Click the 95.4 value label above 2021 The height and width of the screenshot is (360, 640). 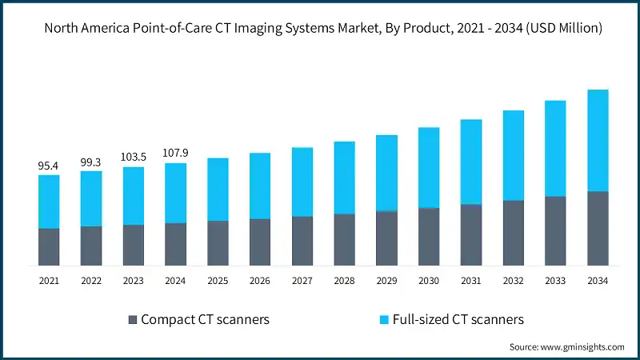pyautogui.click(x=49, y=166)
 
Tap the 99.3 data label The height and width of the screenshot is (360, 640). pyautogui.click(x=91, y=162)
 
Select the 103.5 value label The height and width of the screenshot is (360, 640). pyautogui.click(x=134, y=158)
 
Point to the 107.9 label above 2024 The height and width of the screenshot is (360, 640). pyautogui.click(x=175, y=154)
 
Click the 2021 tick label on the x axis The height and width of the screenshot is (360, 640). pyautogui.click(x=49, y=281)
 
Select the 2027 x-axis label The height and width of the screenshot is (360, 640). pyautogui.click(x=302, y=281)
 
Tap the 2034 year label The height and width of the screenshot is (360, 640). pyautogui.click(x=598, y=281)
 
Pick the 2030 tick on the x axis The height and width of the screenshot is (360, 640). pyautogui.click(x=429, y=281)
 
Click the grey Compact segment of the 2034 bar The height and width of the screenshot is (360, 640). pyautogui.click(x=598, y=229)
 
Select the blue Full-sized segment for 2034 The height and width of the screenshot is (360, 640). pyautogui.click(x=598, y=140)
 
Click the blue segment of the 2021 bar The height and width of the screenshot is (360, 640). pyautogui.click(x=49, y=202)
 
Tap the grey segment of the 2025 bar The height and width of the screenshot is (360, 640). pyautogui.click(x=218, y=243)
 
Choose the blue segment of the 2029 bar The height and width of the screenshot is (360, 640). pyautogui.click(x=386, y=173)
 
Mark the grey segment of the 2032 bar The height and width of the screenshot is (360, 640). pyautogui.click(x=513, y=233)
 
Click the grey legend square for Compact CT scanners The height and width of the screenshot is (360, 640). pyautogui.click(x=133, y=320)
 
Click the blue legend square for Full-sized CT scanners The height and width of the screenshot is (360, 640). pyautogui.click(x=385, y=320)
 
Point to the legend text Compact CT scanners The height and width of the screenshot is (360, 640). pyautogui.click(x=205, y=320)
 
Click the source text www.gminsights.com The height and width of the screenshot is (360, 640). pyautogui.click(x=566, y=347)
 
